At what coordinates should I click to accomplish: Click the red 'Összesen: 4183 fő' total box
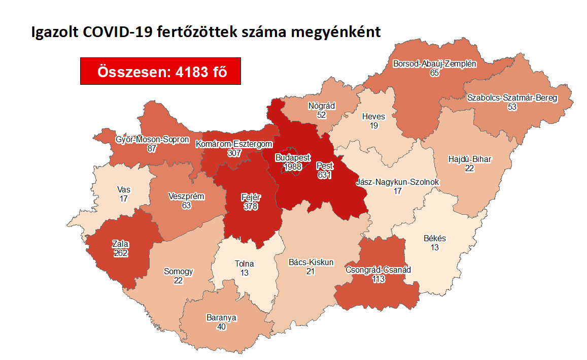click(160, 72)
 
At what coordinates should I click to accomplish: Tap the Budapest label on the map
click(293, 158)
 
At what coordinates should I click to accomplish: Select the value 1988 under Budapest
click(293, 167)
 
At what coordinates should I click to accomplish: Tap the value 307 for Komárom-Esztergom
click(234, 153)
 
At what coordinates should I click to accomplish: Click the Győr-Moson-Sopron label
click(152, 140)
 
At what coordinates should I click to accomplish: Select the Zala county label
click(120, 244)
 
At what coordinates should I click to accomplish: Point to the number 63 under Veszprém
click(186, 205)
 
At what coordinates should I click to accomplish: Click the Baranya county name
click(221, 318)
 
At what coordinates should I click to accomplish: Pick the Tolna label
click(244, 264)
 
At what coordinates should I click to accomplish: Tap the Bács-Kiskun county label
click(311, 263)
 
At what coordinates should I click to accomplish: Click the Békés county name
click(435, 238)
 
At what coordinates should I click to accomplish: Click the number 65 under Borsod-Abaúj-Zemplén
click(434, 73)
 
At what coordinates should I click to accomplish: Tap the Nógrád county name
click(322, 106)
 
